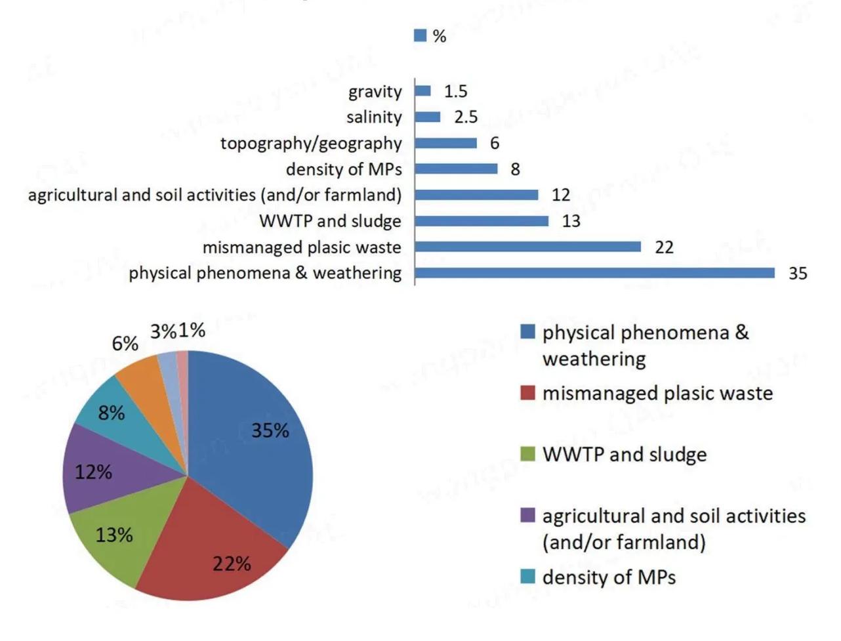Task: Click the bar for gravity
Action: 422,91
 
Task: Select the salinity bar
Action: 427,117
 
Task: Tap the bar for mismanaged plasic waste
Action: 527,247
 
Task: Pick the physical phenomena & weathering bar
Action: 594,272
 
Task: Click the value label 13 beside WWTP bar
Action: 571,221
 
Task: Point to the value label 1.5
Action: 455,91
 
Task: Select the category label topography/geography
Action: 311,143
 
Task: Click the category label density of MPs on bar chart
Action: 343,169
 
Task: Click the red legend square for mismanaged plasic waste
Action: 527,393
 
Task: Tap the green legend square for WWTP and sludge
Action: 527,454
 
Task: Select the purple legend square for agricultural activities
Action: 527,516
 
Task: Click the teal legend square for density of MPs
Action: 527,577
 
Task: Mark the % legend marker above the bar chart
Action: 420,35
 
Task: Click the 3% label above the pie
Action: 163,332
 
